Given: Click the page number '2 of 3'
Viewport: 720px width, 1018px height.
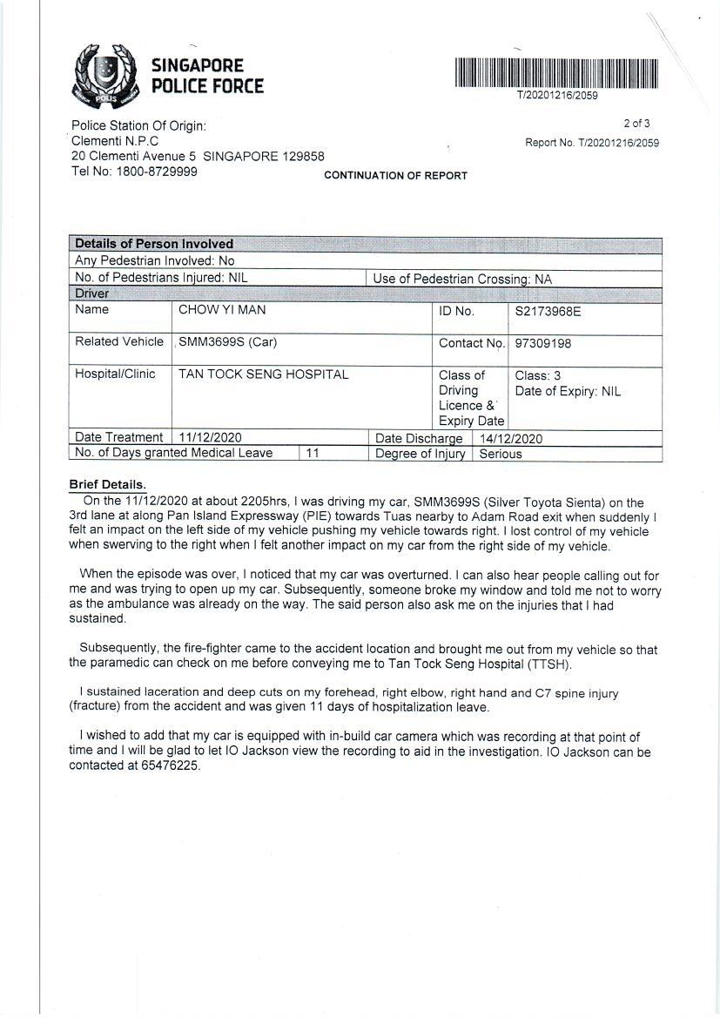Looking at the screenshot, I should click(636, 124).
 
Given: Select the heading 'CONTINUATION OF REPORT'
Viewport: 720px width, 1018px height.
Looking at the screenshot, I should click(395, 176).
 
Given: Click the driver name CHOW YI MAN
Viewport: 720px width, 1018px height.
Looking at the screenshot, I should click(222, 310).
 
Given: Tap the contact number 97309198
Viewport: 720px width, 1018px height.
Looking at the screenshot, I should click(543, 343).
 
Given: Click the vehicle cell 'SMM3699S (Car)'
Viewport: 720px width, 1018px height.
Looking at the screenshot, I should click(227, 342).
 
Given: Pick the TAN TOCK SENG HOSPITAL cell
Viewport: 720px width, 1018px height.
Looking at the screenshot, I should click(263, 374).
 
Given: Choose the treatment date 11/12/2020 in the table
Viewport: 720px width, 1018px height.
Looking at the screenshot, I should click(210, 437).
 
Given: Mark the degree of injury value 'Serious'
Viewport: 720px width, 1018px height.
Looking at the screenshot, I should click(501, 454).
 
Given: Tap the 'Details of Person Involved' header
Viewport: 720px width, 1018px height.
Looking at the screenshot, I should click(154, 244).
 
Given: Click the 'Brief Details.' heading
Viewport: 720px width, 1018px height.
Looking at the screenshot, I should click(108, 484).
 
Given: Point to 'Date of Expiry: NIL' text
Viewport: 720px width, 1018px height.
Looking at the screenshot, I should click(568, 391).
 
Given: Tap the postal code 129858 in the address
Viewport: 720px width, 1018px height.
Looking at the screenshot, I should click(303, 157).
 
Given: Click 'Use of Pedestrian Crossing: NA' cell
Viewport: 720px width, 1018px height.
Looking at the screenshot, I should click(462, 280).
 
